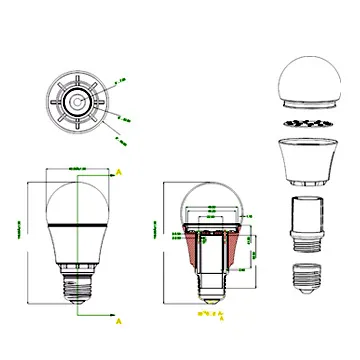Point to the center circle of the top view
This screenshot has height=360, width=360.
coord(75,102)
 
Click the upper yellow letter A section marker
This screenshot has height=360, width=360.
coord(119,172)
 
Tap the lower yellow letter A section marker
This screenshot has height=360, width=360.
coord(120,322)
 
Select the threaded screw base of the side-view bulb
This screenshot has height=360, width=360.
coord(75,285)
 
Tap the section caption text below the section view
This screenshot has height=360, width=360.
coord(211,315)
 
